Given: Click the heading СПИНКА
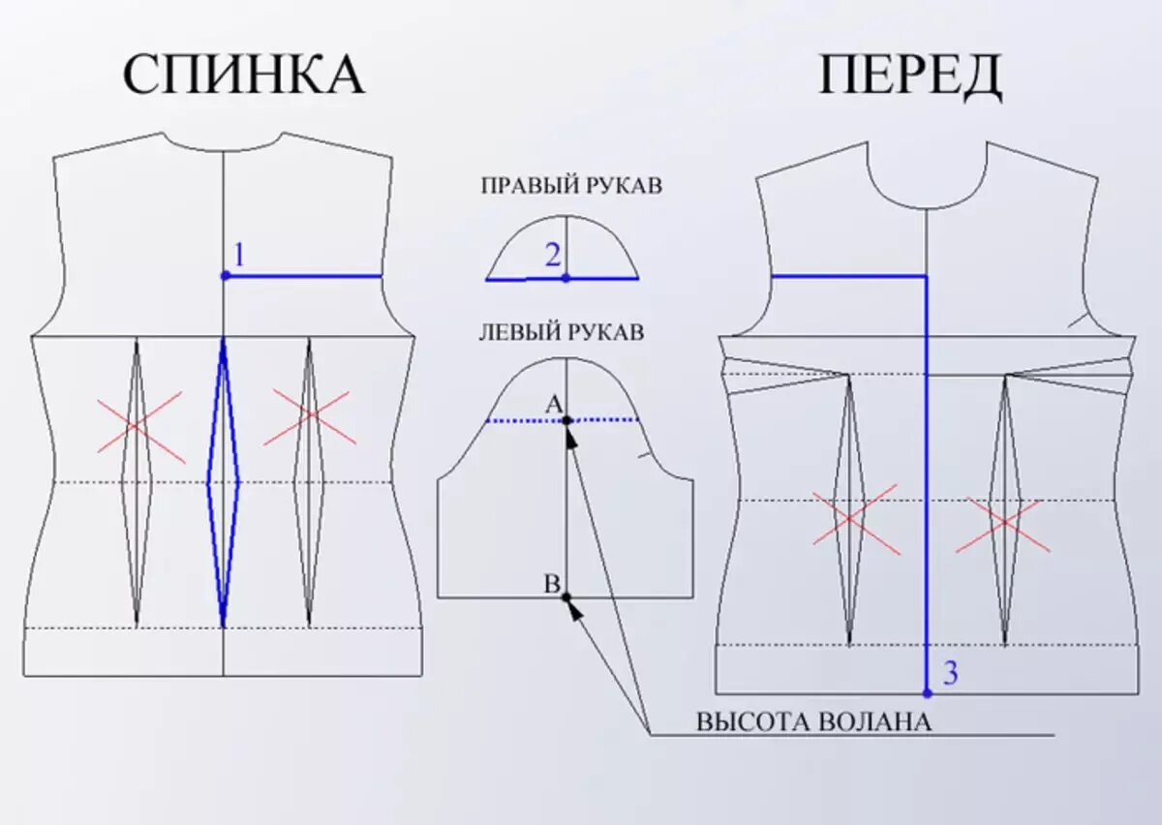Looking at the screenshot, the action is (x=243, y=75).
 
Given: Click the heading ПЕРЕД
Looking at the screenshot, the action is (x=910, y=75).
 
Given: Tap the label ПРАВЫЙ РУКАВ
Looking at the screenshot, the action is (x=571, y=186).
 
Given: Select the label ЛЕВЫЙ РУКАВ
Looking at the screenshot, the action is (x=562, y=333).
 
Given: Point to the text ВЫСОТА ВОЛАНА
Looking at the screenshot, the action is (x=813, y=721).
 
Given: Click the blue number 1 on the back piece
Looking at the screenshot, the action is (x=239, y=256).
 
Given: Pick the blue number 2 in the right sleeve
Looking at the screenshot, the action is (x=553, y=256).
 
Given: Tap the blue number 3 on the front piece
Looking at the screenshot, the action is (x=950, y=673).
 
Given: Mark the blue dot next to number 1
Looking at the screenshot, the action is (x=225, y=276).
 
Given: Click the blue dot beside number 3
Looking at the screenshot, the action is (x=927, y=693).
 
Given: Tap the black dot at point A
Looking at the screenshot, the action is (x=566, y=420).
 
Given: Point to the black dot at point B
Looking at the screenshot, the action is (x=566, y=596).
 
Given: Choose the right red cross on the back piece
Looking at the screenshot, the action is (x=310, y=415).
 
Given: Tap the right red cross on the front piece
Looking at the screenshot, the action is (x=1004, y=524).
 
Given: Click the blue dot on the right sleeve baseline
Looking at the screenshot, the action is (x=566, y=278).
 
